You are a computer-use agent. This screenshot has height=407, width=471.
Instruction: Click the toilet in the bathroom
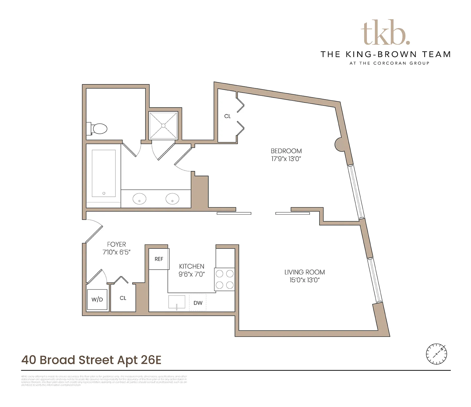(98, 129)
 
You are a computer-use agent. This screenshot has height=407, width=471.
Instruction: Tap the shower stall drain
(163, 126)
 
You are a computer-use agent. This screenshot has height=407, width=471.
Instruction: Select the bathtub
(104, 173)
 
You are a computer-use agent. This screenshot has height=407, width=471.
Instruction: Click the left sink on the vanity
(140, 199)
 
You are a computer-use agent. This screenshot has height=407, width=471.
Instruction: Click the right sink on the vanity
(172, 199)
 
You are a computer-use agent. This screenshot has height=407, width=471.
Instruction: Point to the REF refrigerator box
(159, 259)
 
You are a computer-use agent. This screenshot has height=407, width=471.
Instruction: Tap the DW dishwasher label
(198, 303)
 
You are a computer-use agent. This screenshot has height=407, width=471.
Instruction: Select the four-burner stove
(225, 279)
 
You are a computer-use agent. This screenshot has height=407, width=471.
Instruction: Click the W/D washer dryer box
(97, 300)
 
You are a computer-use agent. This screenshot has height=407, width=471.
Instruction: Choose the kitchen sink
(177, 302)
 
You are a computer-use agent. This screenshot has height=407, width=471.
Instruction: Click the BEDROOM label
(286, 151)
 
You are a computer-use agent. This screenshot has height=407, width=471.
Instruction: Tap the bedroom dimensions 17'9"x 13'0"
(286, 159)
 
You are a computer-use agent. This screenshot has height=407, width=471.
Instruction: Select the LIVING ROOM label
(304, 272)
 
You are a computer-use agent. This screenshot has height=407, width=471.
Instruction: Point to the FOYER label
(116, 244)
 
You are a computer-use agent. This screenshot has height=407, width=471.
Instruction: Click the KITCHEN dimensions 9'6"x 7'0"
(192, 274)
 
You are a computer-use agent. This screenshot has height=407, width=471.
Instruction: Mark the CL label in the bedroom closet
(227, 116)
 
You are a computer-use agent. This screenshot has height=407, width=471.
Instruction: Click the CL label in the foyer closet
(123, 298)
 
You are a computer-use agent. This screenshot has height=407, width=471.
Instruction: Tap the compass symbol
(437, 353)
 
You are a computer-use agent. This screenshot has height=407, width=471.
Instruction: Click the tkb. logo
(385, 33)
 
